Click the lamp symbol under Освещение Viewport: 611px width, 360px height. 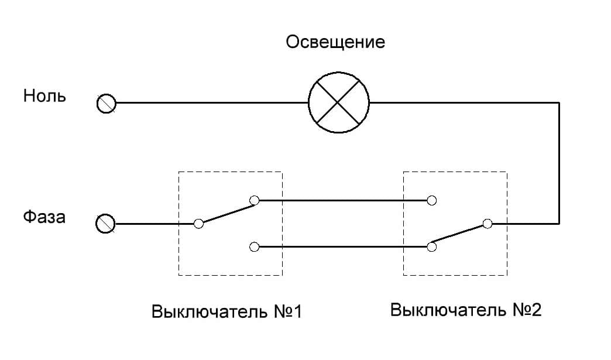339,102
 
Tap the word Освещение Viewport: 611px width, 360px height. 335,43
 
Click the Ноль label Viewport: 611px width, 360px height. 44,96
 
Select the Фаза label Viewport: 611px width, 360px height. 44,217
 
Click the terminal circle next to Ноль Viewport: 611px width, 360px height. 107,104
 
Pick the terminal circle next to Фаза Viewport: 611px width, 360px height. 106,224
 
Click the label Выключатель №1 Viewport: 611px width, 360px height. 226,311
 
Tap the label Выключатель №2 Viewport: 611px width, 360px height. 466,309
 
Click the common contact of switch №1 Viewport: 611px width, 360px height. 198,224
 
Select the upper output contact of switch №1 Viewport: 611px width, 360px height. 254,201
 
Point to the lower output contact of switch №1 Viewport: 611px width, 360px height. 254,246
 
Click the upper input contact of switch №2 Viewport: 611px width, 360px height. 432,201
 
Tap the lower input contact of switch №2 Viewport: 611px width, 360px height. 432,246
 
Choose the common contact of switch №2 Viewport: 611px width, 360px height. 488,224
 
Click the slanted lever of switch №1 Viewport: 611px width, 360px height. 226,212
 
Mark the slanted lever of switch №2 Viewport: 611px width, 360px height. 459,235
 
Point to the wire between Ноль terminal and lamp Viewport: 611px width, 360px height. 211,103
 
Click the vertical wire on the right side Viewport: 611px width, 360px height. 559,164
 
